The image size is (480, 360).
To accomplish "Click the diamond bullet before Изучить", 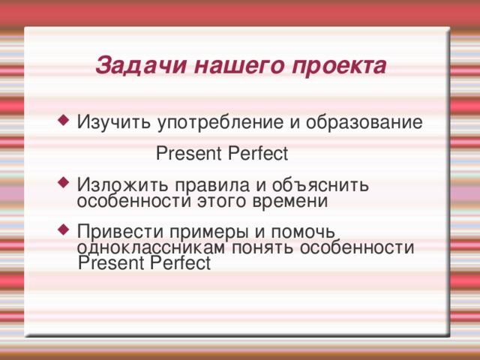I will [x=64, y=121].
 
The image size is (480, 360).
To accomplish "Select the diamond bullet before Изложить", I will [x=64, y=183].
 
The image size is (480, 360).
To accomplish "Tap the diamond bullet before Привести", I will [x=64, y=229].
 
